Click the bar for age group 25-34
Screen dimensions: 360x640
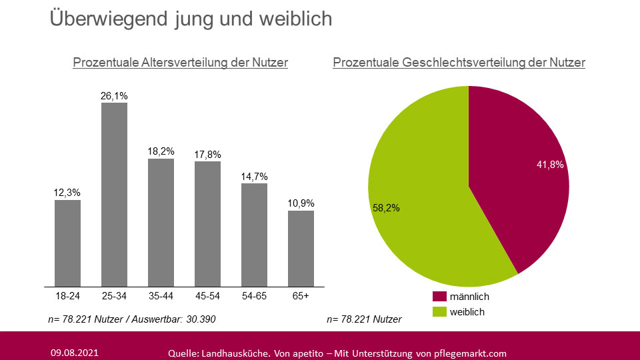click(x=114, y=194)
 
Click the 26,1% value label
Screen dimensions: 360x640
click(x=114, y=96)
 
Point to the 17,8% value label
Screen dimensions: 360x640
click(x=207, y=154)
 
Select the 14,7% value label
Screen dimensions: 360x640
click(x=254, y=177)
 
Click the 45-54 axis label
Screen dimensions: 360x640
click(x=207, y=295)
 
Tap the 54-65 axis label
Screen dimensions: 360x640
click(x=254, y=295)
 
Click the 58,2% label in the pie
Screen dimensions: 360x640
click(x=386, y=208)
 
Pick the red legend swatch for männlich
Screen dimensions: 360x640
click(x=439, y=297)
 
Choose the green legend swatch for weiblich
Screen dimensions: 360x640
click(x=439, y=311)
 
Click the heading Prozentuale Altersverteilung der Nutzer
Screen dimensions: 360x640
click(x=180, y=63)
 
